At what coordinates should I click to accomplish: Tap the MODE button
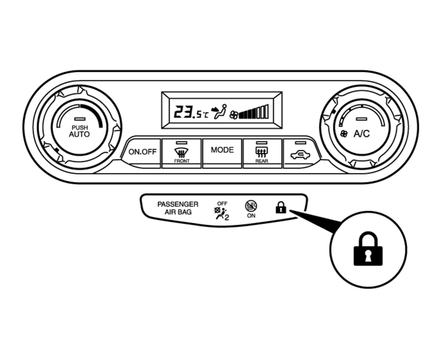tap(222, 150)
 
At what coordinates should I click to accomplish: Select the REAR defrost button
tap(262, 153)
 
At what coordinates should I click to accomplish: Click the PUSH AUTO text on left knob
tap(79, 131)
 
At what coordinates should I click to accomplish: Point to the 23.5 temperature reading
tap(185, 112)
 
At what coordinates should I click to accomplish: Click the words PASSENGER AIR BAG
tap(177, 208)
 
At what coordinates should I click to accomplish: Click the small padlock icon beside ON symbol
tap(280, 208)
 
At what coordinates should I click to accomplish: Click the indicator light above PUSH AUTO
tap(79, 118)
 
